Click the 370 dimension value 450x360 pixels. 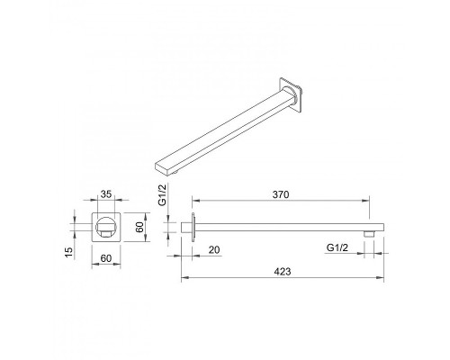[281, 194]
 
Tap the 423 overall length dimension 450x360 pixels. [283, 272]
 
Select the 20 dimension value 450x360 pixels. [214, 249]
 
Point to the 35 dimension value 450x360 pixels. [106, 194]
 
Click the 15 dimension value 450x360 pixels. [68, 252]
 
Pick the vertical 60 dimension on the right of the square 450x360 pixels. [139, 227]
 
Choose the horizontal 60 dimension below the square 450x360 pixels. [106, 258]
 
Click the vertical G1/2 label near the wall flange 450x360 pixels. [162, 195]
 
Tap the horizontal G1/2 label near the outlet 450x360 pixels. [337, 247]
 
